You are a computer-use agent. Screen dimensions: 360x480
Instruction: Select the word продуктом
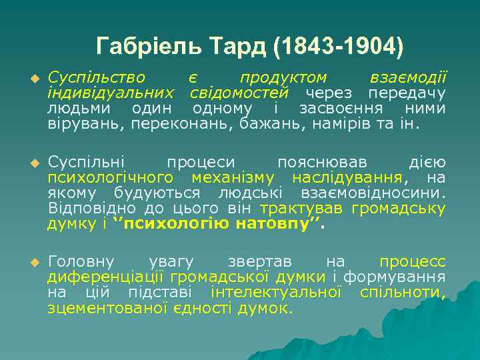coord(283,78)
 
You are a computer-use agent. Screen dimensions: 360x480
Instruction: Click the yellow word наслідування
coord(347,178)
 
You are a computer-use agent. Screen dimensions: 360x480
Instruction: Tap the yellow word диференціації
coord(107,277)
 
